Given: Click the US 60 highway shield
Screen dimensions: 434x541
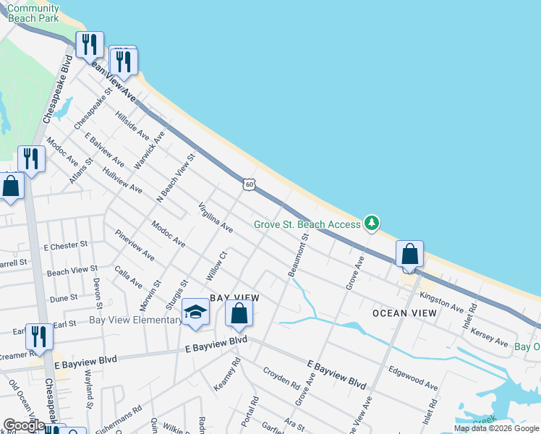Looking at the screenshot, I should coord(249,184).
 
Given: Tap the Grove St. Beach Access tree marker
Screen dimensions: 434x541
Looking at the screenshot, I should coord(372,223).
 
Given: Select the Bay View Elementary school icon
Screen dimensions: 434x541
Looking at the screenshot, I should coord(195,312).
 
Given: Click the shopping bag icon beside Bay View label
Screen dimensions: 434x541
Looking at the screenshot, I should coord(239,314).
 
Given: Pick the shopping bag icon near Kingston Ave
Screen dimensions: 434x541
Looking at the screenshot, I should coord(410,255).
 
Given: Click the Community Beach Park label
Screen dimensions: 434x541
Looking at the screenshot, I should coord(33,13).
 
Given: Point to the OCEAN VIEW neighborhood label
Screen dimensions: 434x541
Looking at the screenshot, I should coord(404,313).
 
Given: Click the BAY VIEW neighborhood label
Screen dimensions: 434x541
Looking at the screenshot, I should coord(234,298).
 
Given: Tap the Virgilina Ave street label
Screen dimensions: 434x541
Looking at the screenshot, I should coord(216,217).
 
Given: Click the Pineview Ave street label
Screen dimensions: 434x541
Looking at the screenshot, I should coord(135,245).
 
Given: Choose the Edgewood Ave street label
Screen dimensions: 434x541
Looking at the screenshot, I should coord(413,377).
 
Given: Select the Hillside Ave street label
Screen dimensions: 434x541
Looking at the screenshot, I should coord(132,126).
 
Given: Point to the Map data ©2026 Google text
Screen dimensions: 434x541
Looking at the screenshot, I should coord(496,428).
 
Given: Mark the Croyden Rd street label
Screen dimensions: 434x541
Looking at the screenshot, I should coord(281,377).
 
